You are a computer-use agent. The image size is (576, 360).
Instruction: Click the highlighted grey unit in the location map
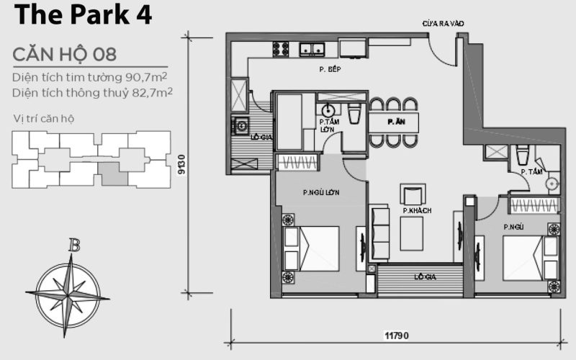pos(109,174)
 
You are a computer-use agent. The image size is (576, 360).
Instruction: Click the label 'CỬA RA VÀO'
pos(443,24)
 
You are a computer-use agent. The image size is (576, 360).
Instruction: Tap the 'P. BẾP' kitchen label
pos(330,70)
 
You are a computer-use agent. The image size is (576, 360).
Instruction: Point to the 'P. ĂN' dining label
pos(395,122)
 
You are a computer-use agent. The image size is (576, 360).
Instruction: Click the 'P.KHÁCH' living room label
pos(418,211)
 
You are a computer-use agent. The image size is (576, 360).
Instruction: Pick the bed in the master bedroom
pos(311,248)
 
